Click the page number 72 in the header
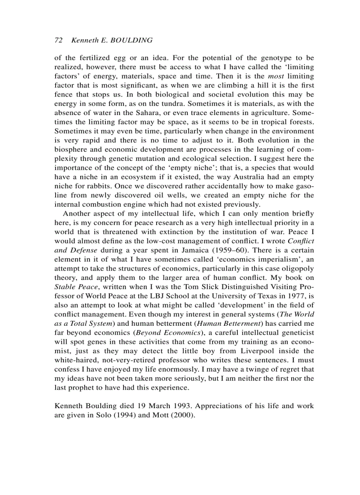(x=58, y=40)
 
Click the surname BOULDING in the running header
(x=131, y=40)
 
